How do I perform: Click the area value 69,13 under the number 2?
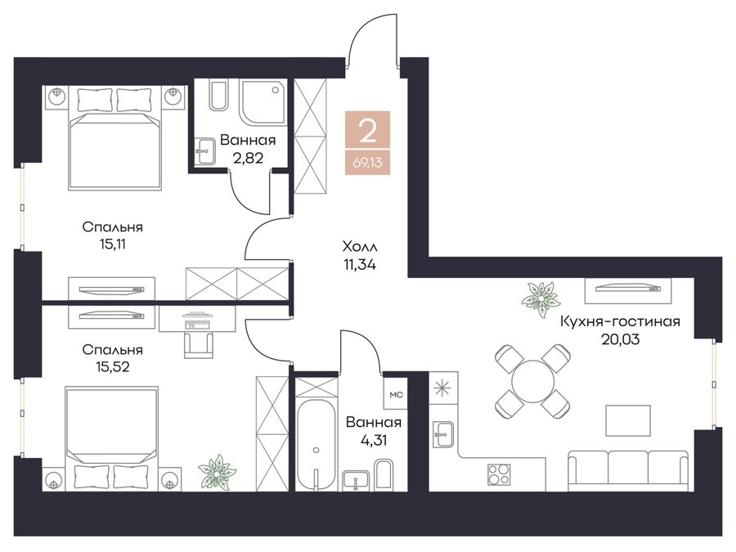367,164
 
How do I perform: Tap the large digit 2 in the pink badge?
367,131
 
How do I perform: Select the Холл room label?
360,246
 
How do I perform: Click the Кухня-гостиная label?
620,321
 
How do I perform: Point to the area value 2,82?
248,157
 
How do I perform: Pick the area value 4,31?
373,440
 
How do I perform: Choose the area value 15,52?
112,366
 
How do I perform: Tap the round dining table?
533,380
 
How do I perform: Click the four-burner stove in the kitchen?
499,473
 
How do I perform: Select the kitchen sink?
442,435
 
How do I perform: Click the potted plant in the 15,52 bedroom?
216,472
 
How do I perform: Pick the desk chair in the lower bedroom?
198,344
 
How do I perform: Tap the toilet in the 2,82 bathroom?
218,96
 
